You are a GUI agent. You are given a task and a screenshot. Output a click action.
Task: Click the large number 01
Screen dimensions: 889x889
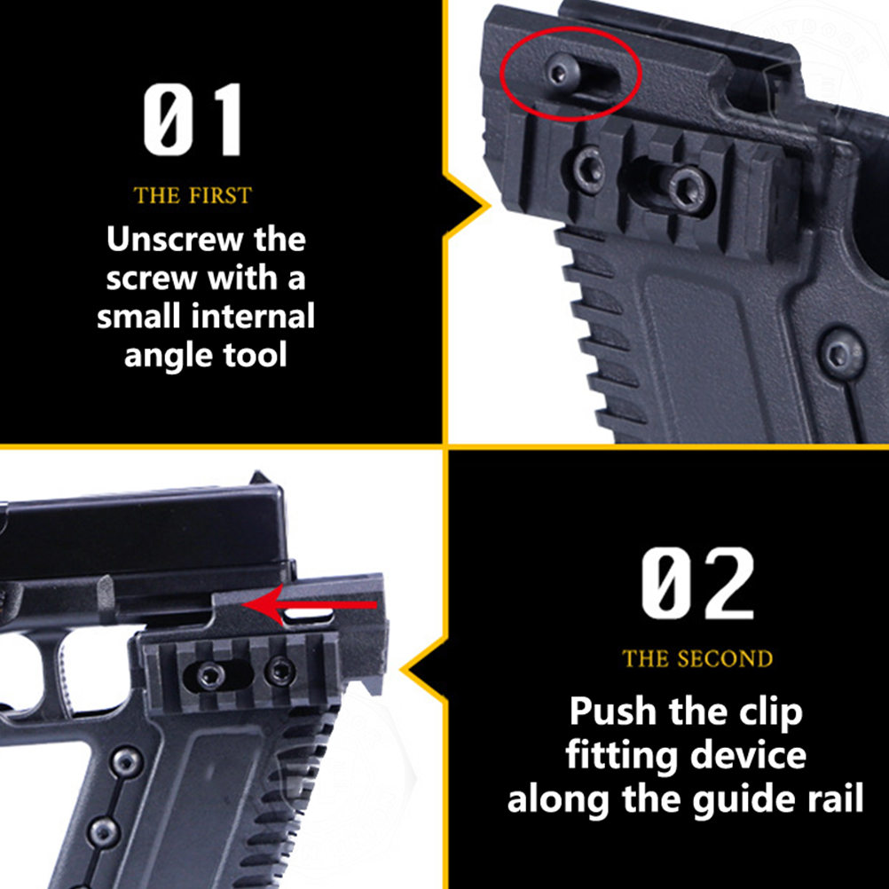click(x=193, y=120)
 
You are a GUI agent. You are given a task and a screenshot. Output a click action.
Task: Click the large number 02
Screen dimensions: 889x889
click(x=698, y=584)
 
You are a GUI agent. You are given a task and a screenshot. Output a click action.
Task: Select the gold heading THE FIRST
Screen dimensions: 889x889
click(x=193, y=195)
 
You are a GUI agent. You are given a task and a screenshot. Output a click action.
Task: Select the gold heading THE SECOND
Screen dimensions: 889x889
click(x=698, y=659)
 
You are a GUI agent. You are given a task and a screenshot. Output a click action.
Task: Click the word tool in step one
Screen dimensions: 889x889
click(x=256, y=356)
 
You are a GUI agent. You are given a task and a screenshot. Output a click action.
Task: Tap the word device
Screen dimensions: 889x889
click(x=749, y=755)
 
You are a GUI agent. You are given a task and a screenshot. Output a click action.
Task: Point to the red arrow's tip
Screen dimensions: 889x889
click(x=243, y=605)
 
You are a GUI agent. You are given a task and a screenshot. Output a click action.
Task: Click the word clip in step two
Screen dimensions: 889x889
click(x=770, y=712)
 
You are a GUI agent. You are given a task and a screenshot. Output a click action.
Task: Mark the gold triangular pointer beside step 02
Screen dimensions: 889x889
click(x=424, y=670)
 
